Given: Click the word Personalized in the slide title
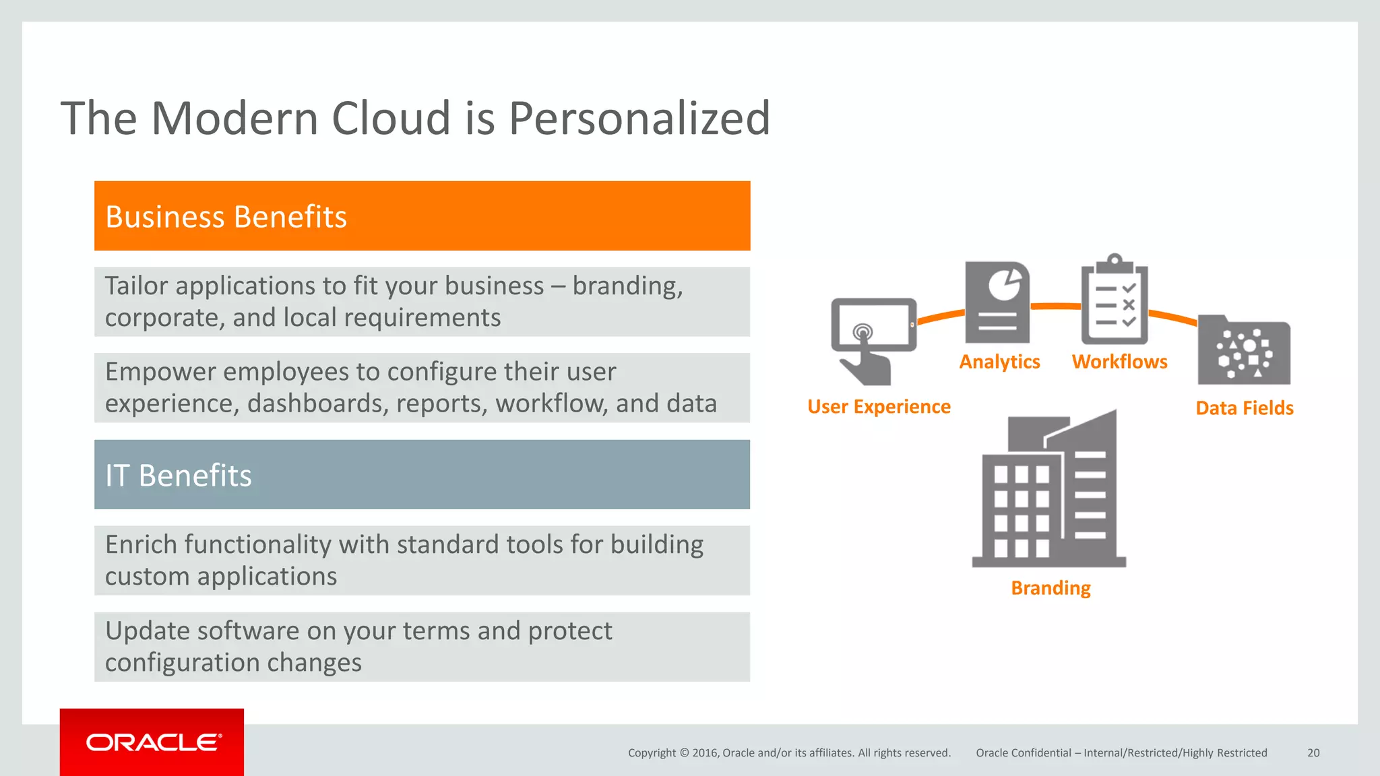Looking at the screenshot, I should coord(639,119).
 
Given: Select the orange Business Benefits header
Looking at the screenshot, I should coord(422,216).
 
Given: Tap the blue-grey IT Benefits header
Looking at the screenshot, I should coord(422,475).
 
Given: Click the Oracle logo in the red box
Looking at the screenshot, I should coord(153,742).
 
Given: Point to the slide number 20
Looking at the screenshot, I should coord(1313,753).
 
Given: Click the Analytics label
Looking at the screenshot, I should coord(999,362).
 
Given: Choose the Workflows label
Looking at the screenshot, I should coord(1119,362).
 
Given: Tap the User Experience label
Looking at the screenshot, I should coord(879,407).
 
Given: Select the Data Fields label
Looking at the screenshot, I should coord(1244,408).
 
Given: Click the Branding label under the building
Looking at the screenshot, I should coord(1050,588).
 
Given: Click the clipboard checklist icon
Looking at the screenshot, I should coord(1115,300).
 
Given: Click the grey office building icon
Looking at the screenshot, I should coord(1049,492).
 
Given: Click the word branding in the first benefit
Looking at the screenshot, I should coord(627,286).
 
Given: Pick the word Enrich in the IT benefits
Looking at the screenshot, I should coord(140,545).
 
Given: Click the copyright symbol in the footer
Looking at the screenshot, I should coord(684,753).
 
